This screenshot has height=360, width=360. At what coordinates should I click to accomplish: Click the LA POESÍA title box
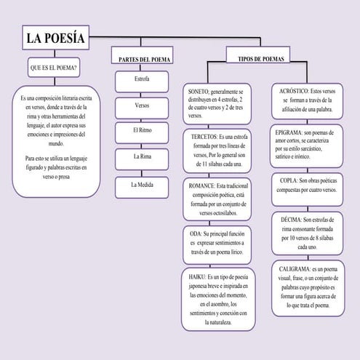pyautogui.click(x=55, y=38)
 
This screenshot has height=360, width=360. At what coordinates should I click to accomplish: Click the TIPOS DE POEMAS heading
pyautogui.click(x=260, y=57)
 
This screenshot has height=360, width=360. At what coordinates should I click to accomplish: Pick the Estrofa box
pyautogui.click(x=143, y=78)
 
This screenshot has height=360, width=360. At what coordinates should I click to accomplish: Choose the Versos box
pyautogui.click(x=143, y=105)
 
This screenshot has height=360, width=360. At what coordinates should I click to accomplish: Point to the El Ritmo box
pyautogui.click(x=143, y=130)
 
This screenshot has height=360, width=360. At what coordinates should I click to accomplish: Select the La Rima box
pyautogui.click(x=143, y=156)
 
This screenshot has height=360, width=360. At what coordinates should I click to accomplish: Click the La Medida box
pyautogui.click(x=143, y=184)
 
